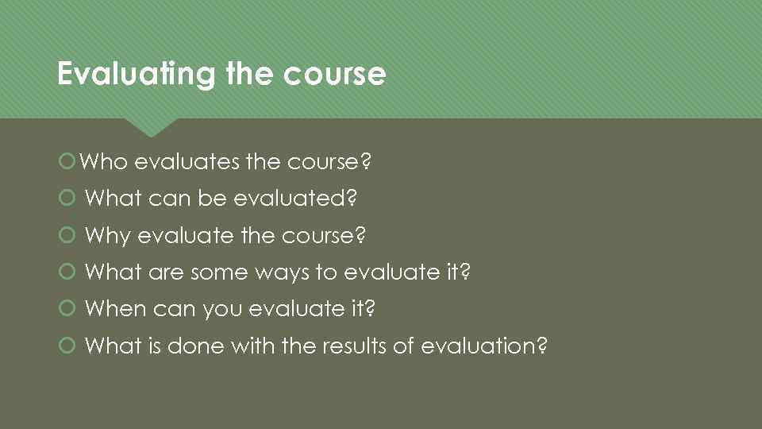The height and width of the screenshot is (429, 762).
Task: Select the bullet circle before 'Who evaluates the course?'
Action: coord(67,162)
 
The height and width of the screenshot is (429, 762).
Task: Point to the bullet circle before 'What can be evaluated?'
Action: coord(67,199)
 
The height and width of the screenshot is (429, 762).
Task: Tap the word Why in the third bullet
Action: coord(107,236)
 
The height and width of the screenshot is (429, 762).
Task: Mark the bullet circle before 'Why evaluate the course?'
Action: coord(67,236)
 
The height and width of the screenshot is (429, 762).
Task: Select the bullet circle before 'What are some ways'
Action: coord(67,272)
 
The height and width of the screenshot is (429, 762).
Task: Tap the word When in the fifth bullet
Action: coord(115,309)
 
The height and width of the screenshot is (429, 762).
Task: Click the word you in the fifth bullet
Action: coord(221,309)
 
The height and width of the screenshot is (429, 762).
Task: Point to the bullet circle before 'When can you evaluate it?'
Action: coord(67,309)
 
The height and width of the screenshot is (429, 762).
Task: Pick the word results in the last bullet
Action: coord(377,346)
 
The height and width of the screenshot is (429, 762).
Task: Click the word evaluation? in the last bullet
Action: coord(484,346)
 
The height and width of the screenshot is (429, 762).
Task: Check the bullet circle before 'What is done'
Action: coord(67,346)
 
